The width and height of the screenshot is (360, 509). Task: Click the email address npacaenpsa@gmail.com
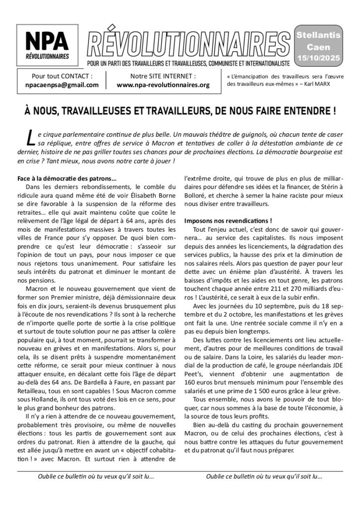(62, 85)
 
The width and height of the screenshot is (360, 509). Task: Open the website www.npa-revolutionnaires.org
(163, 85)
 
